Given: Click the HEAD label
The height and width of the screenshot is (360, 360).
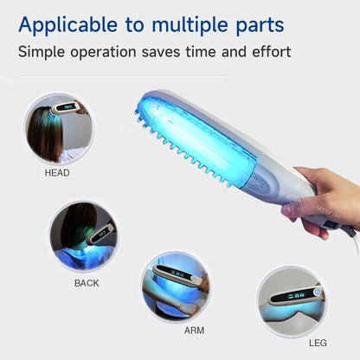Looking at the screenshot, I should [57, 172].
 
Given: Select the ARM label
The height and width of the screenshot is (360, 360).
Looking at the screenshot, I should [195, 330].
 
